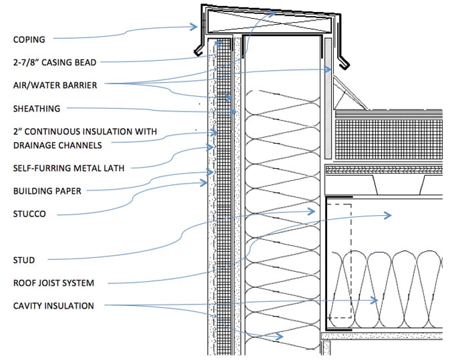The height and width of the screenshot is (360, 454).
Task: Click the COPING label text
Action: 29,39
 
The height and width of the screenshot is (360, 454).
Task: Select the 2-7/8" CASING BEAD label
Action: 55,62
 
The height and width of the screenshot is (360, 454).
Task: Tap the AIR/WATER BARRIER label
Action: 53,85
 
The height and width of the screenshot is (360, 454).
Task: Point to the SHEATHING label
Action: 37,108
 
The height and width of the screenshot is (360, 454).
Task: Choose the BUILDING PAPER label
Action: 47,191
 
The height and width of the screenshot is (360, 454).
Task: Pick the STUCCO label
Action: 31,214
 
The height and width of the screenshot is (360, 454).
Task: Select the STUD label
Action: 24,260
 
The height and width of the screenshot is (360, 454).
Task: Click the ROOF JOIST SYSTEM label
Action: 53,283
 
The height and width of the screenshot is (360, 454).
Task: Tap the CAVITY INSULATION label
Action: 53,306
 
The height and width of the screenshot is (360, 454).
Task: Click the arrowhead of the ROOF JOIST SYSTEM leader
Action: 390,215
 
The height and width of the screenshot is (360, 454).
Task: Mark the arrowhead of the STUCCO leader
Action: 206,182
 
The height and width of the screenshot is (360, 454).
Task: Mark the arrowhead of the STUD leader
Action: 313,211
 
